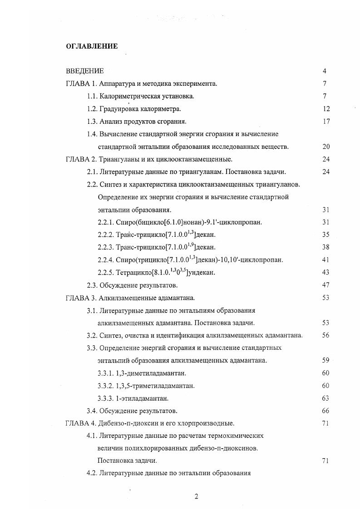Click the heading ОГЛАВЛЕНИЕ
92,46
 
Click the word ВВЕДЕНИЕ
85,71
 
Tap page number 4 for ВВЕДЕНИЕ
325,71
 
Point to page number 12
326,109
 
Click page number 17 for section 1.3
326,122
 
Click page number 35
326,235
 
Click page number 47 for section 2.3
326,285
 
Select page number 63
326,398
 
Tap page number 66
326,411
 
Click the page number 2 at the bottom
196,496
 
